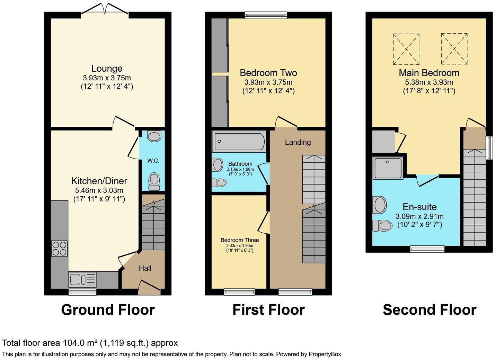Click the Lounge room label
(107, 69)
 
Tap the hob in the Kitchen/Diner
(59, 249)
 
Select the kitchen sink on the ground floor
(83, 279)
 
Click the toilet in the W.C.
(154, 181)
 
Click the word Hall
(145, 268)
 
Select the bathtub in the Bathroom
(239, 141)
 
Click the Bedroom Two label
(268, 73)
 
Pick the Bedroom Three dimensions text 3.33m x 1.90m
(239, 245)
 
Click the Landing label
(298, 142)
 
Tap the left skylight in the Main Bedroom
(406, 49)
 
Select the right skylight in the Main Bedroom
(454, 49)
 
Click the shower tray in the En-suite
(388, 168)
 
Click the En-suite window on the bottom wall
(427, 249)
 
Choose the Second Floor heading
(429, 310)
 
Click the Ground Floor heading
(108, 310)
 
